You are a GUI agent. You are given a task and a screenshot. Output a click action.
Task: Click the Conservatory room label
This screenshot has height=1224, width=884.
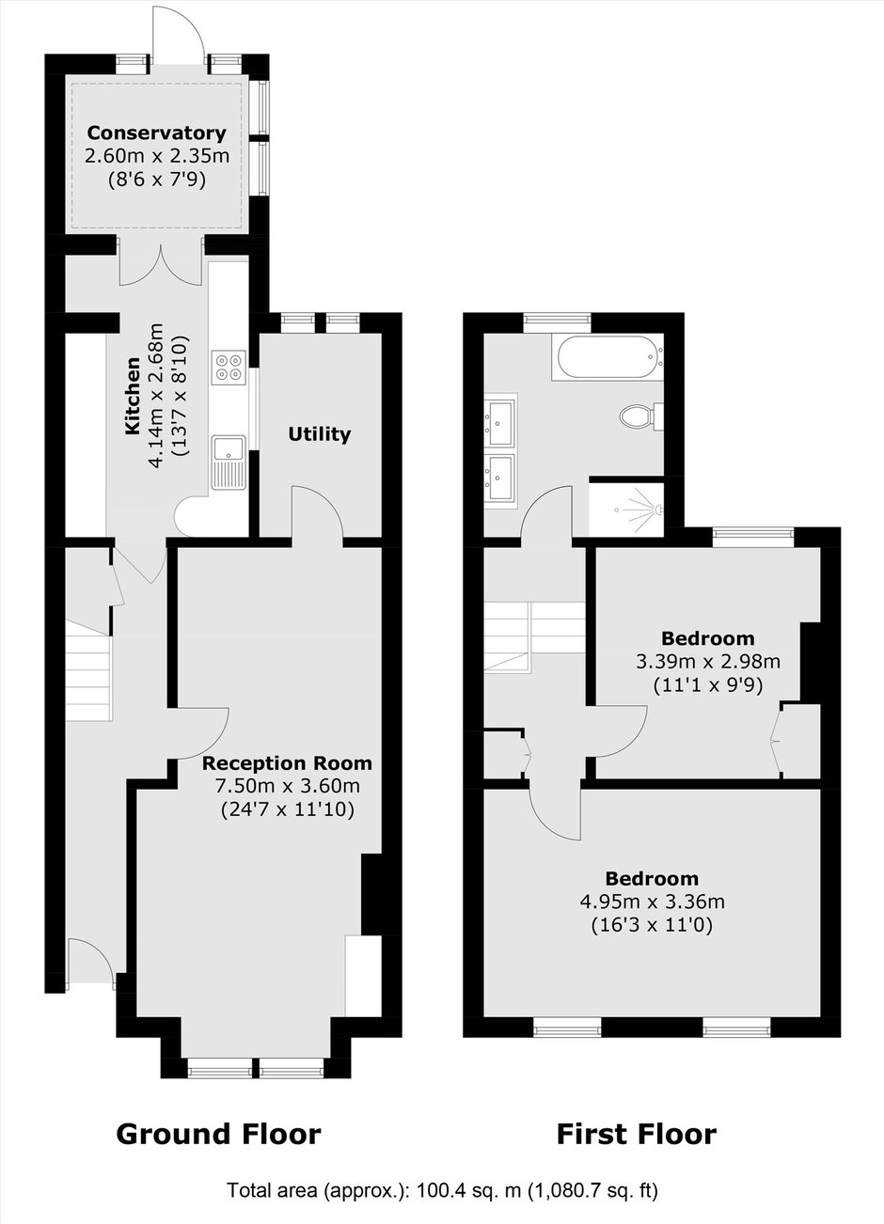[x=156, y=133]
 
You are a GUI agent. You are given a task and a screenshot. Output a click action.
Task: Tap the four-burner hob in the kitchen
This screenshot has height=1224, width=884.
[x=229, y=368]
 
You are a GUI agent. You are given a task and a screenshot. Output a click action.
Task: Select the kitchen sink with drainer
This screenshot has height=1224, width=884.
[x=229, y=463]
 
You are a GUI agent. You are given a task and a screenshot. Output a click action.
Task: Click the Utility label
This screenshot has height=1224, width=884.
[x=319, y=434]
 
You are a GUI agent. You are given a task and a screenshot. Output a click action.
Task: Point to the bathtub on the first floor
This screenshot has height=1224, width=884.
[x=608, y=357]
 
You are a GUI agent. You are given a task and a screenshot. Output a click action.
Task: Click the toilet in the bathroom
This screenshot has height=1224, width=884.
[x=641, y=416]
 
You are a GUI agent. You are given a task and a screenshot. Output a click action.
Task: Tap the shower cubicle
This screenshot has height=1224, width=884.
[x=626, y=509]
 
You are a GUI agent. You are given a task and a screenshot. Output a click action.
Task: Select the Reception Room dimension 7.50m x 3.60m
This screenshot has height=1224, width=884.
[x=288, y=785]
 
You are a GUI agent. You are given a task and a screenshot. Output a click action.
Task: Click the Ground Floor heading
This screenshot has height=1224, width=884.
[x=218, y=1134]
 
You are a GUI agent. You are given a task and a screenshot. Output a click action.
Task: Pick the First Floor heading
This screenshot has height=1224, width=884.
[x=637, y=1134]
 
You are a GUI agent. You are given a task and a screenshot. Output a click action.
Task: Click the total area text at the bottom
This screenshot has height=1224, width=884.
[x=442, y=1189]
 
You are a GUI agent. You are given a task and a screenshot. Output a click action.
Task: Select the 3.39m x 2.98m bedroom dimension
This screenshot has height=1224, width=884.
[x=707, y=662]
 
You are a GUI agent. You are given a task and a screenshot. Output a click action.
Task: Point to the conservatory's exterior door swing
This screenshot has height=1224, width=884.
[x=179, y=33]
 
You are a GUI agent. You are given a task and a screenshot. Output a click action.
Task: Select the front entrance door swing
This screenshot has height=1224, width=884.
[x=90, y=965]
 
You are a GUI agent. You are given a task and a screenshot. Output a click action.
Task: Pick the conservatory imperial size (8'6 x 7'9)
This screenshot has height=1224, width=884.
[x=156, y=180]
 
